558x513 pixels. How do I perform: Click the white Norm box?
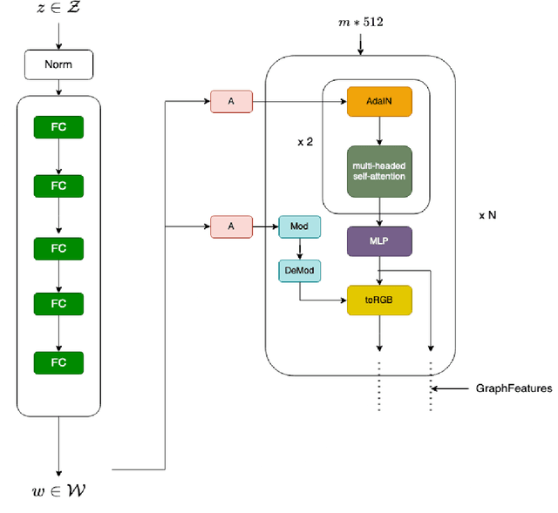(x=58, y=65)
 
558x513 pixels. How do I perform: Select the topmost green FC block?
(x=58, y=127)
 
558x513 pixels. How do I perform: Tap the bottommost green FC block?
(x=58, y=363)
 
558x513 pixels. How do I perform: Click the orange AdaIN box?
(x=378, y=102)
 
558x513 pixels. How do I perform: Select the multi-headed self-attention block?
(x=378, y=171)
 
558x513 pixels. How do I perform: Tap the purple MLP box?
(x=378, y=241)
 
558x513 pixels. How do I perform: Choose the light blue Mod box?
(x=299, y=227)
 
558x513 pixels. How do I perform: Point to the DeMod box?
(x=299, y=271)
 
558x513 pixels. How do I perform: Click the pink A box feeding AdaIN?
(x=231, y=102)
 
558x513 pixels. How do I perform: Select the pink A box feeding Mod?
(x=231, y=227)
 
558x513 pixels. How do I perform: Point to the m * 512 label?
(x=359, y=19)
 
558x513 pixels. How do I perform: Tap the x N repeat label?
(x=487, y=214)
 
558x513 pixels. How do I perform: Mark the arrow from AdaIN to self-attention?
(x=378, y=131)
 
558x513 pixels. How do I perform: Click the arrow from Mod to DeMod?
(x=299, y=249)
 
